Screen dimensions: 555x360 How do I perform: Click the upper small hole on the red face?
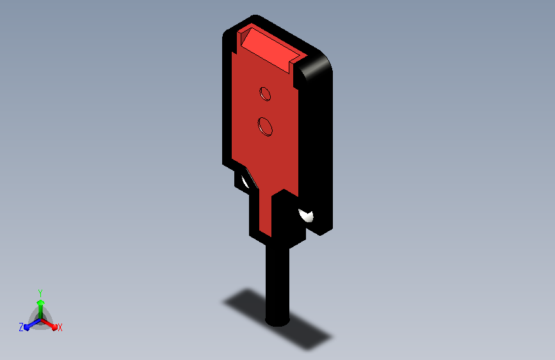(x=265, y=94)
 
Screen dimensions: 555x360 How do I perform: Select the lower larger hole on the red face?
(x=265, y=126)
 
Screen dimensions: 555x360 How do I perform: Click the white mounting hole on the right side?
(x=306, y=215)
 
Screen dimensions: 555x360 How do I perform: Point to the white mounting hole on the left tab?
(x=245, y=181)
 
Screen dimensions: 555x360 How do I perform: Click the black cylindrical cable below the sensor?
(x=278, y=284)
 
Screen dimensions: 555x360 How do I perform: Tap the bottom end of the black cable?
(x=278, y=322)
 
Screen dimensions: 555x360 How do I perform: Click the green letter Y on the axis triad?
(x=40, y=293)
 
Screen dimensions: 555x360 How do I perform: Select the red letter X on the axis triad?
(x=60, y=328)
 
